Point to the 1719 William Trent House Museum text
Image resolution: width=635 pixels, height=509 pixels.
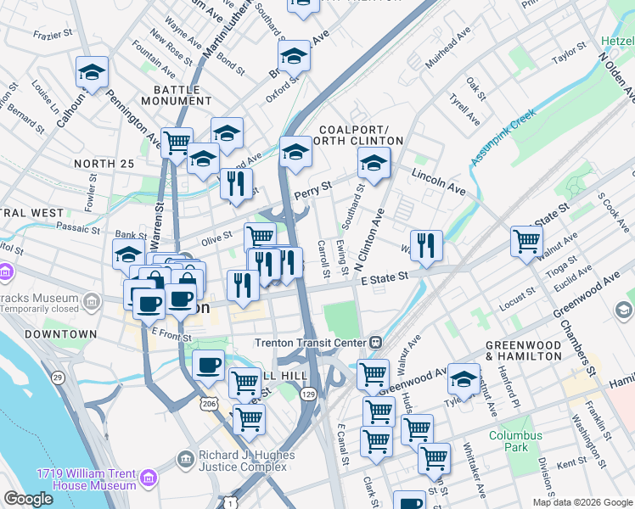tap(86, 479)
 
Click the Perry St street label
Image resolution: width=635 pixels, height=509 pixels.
tap(311, 193)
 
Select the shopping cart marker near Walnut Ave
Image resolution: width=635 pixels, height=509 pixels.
tap(526, 241)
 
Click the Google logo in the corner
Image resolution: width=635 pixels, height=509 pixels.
tap(29, 500)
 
